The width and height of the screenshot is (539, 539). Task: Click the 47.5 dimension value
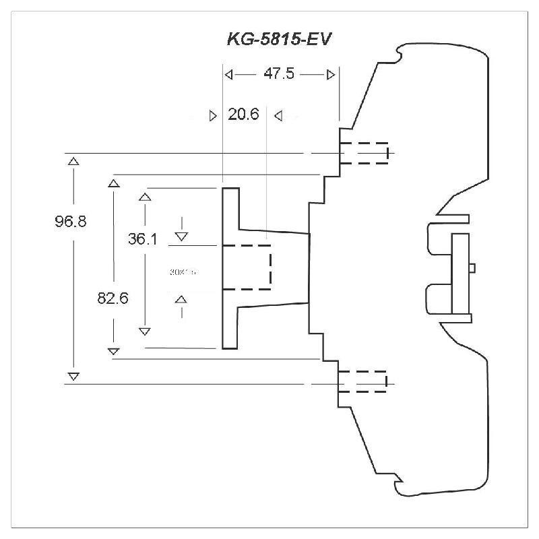(278, 74)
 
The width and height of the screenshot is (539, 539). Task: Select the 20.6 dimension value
(243, 115)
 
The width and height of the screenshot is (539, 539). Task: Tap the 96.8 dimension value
(71, 221)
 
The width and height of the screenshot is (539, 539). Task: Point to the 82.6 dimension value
(113, 297)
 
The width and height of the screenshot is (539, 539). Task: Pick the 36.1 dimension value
(143, 239)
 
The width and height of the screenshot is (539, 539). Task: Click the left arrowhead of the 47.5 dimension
(229, 74)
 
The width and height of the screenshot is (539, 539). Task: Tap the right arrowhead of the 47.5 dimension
(330, 74)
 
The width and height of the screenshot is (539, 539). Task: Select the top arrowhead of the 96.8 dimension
(73, 161)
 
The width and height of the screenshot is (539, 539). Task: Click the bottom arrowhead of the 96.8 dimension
(73, 375)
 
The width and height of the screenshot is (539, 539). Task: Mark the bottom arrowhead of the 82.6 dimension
(114, 350)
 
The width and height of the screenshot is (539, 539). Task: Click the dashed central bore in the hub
(247, 266)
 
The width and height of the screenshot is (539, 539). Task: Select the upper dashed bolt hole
(364, 153)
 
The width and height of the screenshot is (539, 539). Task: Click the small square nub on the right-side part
(472, 267)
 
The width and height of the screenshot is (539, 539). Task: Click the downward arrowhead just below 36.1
(181, 236)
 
